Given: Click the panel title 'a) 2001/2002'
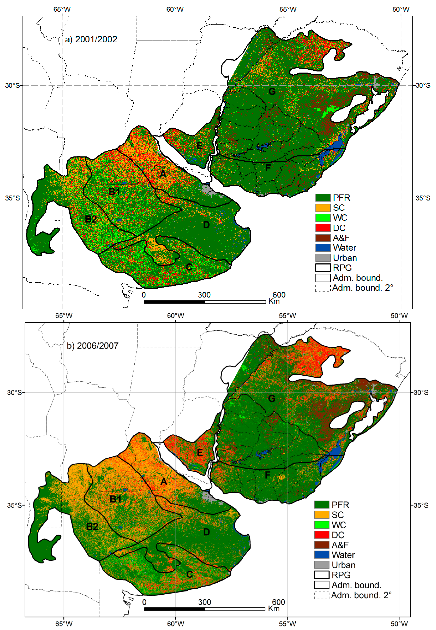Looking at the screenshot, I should tap(91, 39).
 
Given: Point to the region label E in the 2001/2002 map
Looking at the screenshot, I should tap(200, 146).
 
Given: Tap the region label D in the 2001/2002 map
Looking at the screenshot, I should tap(206, 225).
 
